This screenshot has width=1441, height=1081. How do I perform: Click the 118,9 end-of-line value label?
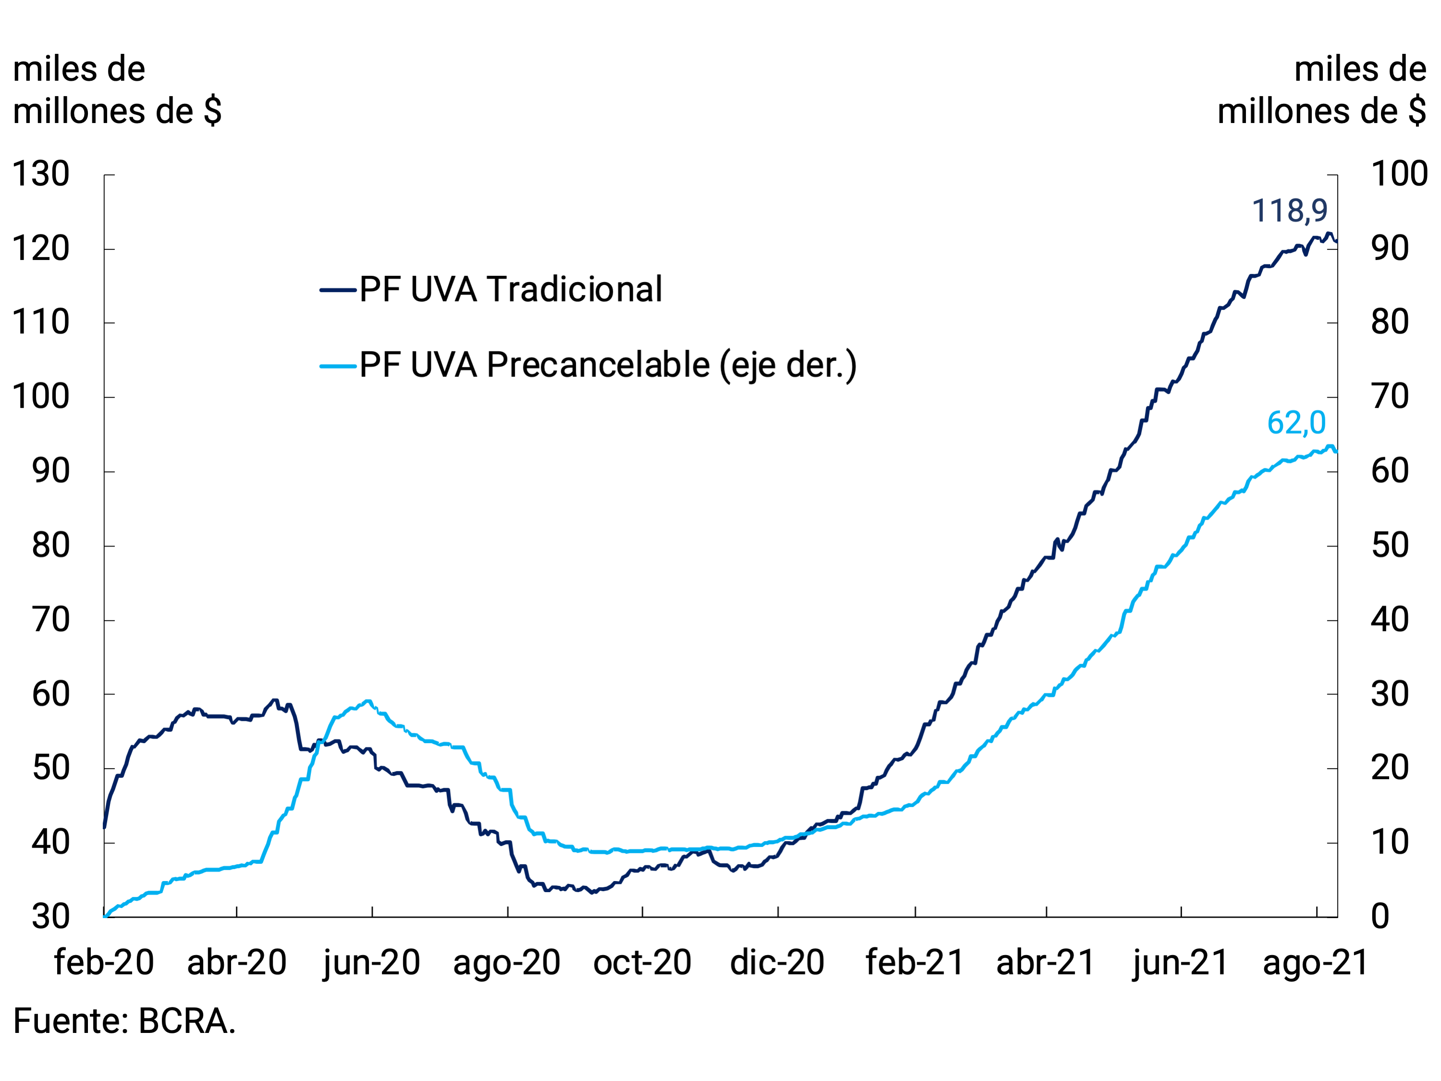tap(1289, 211)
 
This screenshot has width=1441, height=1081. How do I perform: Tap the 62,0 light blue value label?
tap(1296, 423)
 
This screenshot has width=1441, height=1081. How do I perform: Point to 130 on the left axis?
tap(41, 174)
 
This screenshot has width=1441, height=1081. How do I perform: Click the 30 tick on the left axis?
tap(51, 917)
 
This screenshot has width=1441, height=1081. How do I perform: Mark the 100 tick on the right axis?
tap(1399, 174)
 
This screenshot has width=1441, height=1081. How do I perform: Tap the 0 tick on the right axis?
tap(1380, 917)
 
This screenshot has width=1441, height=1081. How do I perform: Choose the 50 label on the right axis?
tap(1390, 546)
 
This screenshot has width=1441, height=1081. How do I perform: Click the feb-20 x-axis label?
tap(104, 962)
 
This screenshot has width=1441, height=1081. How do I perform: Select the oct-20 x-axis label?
tap(642, 962)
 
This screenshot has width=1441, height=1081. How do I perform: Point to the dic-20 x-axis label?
tap(777, 962)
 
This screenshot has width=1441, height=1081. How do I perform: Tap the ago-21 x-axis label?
tap(1315, 962)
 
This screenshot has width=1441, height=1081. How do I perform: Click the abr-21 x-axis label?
tap(1046, 962)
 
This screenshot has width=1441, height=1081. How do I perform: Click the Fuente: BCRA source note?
tap(124, 1021)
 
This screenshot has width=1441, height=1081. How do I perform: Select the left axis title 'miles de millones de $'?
tap(117, 90)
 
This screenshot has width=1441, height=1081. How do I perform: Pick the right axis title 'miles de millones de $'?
tap(1322, 90)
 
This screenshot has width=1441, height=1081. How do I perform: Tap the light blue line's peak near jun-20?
tap(369, 702)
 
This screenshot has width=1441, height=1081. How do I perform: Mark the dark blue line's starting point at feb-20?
tap(105, 826)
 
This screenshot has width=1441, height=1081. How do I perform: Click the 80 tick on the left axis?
tap(51, 546)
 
